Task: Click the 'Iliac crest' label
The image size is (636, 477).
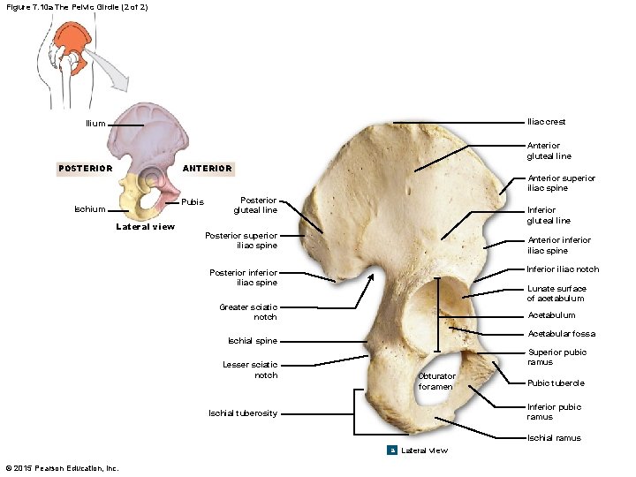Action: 546,122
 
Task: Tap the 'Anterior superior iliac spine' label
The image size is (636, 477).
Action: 561,183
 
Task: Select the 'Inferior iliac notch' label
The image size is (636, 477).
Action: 563,269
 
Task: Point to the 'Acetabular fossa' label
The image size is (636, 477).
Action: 561,334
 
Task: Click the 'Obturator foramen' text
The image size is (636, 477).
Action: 436,382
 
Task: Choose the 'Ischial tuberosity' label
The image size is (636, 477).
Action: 242,413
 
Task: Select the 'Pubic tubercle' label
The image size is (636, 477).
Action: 555,383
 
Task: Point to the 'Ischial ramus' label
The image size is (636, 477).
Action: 554,438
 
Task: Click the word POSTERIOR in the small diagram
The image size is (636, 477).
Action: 85,168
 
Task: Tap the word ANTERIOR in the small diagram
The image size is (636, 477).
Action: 207,168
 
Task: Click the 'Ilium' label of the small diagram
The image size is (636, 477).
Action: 95,124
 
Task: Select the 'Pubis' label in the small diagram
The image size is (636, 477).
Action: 193,202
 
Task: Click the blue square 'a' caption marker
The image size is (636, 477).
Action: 392,450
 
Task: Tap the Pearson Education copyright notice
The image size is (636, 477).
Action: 62,467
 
